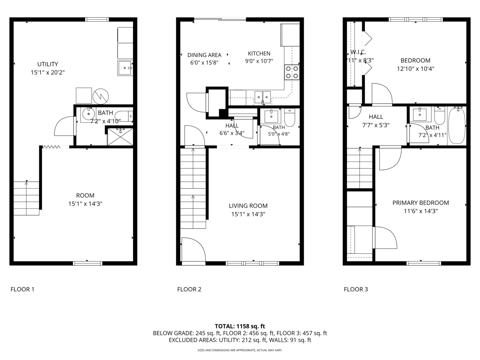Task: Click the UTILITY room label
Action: point(48,64)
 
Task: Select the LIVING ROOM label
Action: point(248,206)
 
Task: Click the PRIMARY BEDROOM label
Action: point(420,203)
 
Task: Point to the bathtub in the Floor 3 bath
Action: point(457,126)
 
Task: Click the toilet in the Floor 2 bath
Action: point(289,118)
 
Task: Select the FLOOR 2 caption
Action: point(189,289)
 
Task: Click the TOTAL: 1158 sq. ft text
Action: point(240,326)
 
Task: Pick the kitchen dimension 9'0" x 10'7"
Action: point(259,61)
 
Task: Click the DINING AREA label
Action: point(204,55)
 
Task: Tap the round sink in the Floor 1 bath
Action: point(89,114)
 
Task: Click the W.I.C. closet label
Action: point(358,52)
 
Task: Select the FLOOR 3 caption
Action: point(356,289)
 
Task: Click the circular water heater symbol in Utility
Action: point(101,96)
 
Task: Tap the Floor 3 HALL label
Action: point(376,117)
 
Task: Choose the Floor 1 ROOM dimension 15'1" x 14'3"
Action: point(85,204)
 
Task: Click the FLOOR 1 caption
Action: point(22,289)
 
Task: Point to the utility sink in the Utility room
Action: point(125,68)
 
